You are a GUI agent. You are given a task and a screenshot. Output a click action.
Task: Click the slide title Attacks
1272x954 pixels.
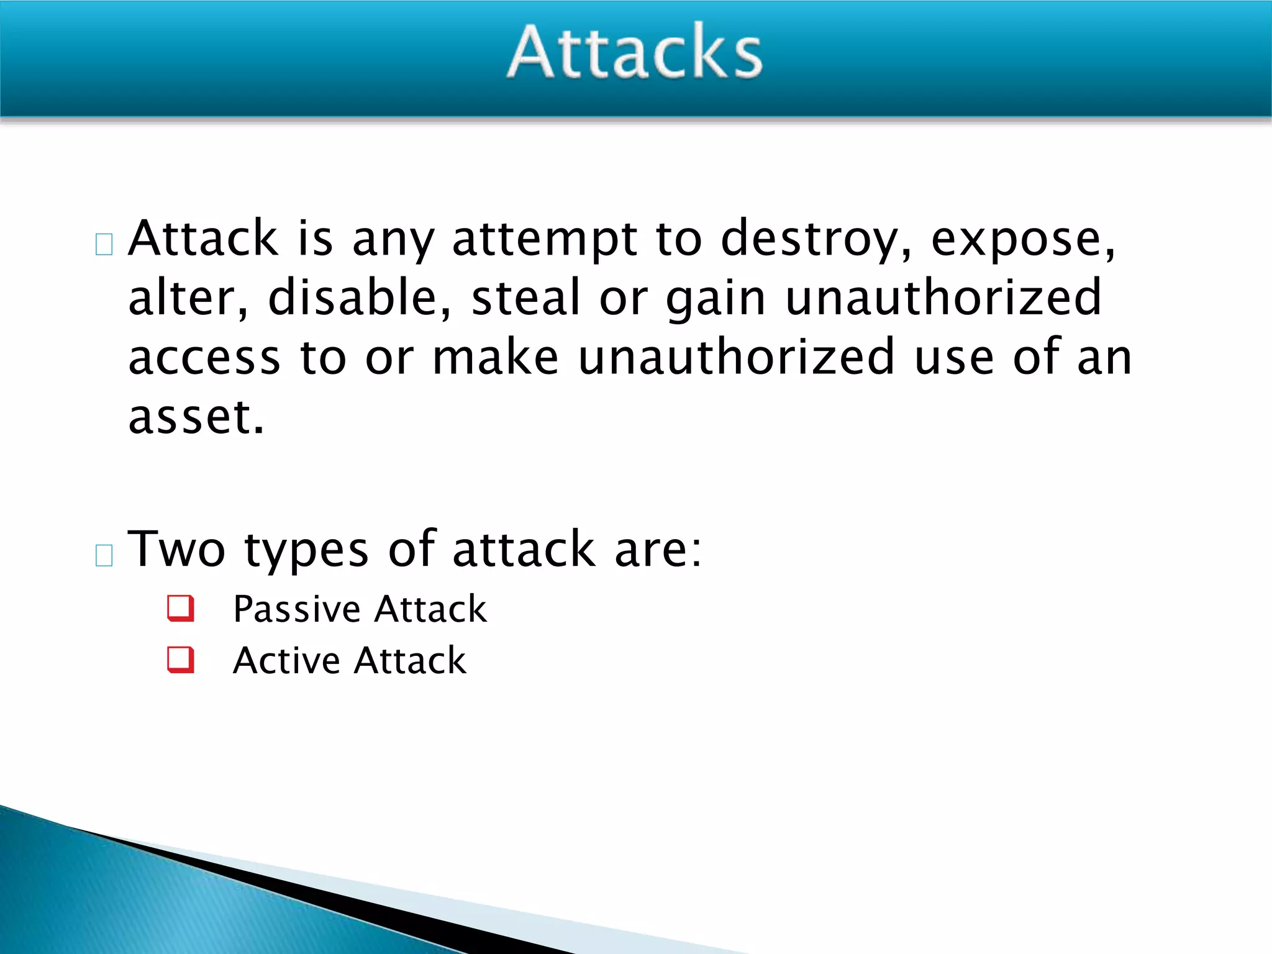635,52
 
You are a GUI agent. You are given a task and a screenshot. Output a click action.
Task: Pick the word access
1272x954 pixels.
204,358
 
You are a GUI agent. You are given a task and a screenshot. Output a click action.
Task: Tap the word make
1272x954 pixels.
495,357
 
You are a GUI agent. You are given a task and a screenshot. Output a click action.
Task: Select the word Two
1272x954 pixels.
176,549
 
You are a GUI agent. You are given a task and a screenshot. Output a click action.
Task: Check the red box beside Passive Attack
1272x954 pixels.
181,608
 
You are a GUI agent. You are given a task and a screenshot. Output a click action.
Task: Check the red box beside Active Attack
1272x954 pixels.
181,660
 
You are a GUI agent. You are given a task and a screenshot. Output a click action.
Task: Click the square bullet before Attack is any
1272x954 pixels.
104,244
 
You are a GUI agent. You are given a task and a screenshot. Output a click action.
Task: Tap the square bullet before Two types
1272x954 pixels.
104,555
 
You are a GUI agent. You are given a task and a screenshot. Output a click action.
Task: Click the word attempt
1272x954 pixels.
545,240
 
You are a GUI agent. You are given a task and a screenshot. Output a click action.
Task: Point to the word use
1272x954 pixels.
954,358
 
